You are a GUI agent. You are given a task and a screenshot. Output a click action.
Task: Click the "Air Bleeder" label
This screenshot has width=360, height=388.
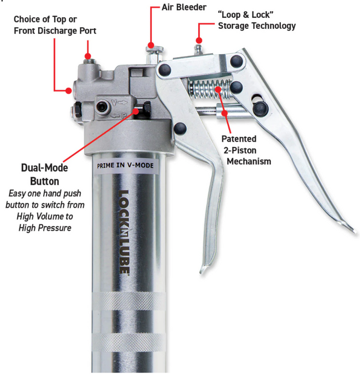184,7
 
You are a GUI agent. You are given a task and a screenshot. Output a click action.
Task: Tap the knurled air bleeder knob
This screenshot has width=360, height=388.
154,49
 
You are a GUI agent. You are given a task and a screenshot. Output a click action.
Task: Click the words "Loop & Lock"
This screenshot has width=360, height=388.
245,14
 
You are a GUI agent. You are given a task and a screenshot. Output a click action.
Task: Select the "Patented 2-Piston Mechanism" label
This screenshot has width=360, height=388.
246,150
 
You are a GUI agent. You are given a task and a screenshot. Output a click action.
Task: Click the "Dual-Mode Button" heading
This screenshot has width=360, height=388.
44,175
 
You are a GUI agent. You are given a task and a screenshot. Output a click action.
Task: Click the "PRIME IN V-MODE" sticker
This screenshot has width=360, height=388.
125,165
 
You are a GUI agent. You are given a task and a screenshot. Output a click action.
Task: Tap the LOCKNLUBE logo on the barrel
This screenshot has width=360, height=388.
124,232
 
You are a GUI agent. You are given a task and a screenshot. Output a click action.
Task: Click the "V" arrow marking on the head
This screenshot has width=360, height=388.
119,103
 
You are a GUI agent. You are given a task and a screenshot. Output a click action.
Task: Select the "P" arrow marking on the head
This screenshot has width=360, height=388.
119,115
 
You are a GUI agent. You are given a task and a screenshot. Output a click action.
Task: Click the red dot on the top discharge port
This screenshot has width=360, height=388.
88,56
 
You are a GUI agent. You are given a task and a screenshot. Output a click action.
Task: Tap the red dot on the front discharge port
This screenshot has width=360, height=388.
69,90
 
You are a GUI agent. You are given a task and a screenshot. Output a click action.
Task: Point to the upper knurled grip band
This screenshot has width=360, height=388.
128,301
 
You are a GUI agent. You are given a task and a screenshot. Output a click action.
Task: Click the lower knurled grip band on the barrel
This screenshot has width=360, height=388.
128,342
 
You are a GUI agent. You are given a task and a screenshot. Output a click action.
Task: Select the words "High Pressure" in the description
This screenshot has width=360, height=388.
45,228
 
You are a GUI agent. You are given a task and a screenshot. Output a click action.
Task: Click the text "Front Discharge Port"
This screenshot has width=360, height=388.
55,30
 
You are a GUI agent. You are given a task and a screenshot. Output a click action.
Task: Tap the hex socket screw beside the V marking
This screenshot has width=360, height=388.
101,106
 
